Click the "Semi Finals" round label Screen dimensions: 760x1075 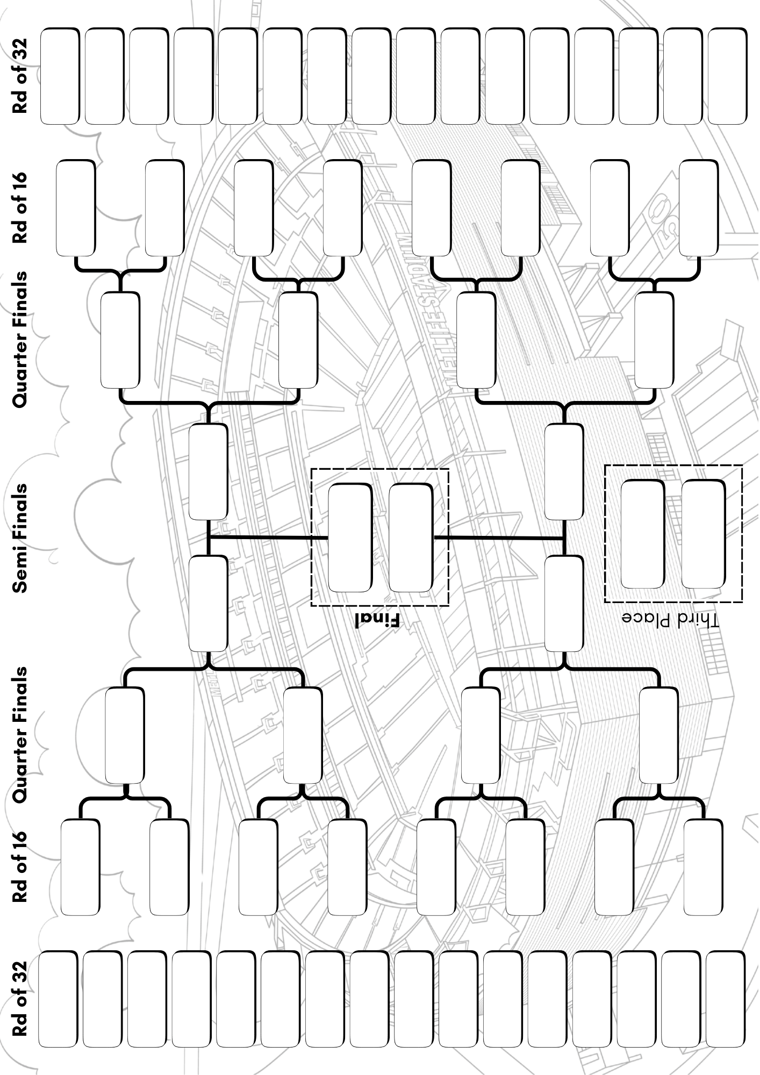tap(20, 538)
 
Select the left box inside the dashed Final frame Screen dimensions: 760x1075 tap(350, 538)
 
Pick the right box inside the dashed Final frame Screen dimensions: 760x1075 tap(411, 538)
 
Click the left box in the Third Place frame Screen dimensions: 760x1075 tap(642, 534)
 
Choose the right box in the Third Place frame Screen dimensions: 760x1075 tap(703, 534)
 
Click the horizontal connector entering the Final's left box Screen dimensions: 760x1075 tap(268, 537)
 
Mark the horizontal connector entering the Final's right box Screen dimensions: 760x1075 tap(499, 537)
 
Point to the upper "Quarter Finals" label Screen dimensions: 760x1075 tap(20, 339)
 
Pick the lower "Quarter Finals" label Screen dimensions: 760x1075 tap(20, 736)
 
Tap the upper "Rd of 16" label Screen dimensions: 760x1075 tap(20, 207)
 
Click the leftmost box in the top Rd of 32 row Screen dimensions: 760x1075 tap(59, 76)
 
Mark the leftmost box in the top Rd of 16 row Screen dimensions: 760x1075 tap(75, 207)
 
